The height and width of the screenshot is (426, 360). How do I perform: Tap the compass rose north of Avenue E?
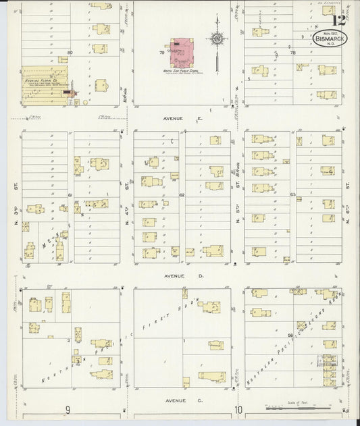pyautogui.click(x=217, y=41)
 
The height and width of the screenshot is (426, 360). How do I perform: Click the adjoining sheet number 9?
pyautogui.click(x=68, y=410)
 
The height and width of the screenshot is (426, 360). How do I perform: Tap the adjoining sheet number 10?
pyautogui.click(x=238, y=410)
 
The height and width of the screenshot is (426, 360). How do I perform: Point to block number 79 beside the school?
pyautogui.click(x=161, y=52)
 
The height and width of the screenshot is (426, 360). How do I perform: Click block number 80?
pyautogui.click(x=70, y=52)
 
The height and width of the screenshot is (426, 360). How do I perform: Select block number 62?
pyautogui.click(x=182, y=195)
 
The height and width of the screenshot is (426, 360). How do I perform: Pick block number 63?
pyautogui.click(x=292, y=195)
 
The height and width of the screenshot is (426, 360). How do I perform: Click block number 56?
pyautogui.click(x=290, y=335)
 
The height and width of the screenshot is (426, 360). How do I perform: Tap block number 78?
pyautogui.click(x=292, y=52)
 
